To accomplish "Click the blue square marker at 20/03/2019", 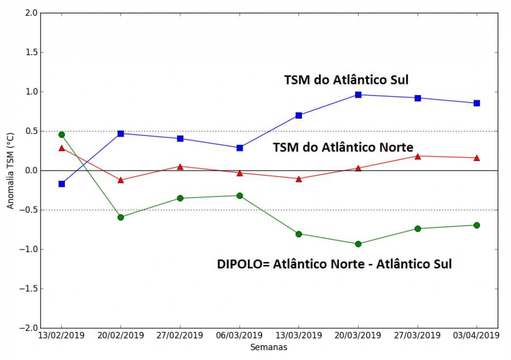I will point(358,95).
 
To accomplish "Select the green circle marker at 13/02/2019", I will point(62,134).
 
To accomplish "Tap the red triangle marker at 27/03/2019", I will point(417,156).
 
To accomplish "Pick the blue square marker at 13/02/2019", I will point(62,184).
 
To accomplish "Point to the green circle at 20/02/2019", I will point(121,217).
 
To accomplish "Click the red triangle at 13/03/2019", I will point(299,179).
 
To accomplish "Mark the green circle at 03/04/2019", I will point(477,225).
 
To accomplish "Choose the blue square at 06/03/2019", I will point(240,148).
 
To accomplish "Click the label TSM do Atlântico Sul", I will point(346,80).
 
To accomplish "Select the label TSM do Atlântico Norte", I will point(343,147).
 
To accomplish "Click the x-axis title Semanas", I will point(269,347).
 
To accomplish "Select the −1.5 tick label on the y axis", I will point(28,288).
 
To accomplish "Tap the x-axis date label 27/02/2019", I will point(180,335).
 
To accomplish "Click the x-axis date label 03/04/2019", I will point(477,335).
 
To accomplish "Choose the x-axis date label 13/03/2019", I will point(299,335).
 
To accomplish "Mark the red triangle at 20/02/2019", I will point(121,180).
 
